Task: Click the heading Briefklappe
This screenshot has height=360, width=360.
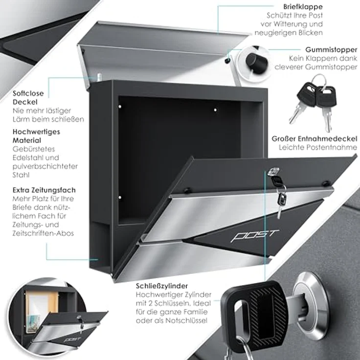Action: tap(303, 7)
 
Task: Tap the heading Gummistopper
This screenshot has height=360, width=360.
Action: tap(331, 49)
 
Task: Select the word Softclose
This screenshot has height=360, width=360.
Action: tap(28, 93)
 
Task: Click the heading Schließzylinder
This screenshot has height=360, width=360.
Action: tap(162, 286)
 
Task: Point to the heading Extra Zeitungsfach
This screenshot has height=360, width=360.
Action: tap(44, 190)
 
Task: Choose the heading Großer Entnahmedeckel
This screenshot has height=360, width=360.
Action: tap(315, 139)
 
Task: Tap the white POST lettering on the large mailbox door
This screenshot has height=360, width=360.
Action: tap(255, 236)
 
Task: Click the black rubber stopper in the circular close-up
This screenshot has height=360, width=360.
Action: tap(256, 63)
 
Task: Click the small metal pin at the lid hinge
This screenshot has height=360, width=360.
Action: tap(99, 77)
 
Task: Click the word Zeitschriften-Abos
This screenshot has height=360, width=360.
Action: tap(43, 233)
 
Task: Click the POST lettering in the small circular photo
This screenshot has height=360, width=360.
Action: tap(72, 339)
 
